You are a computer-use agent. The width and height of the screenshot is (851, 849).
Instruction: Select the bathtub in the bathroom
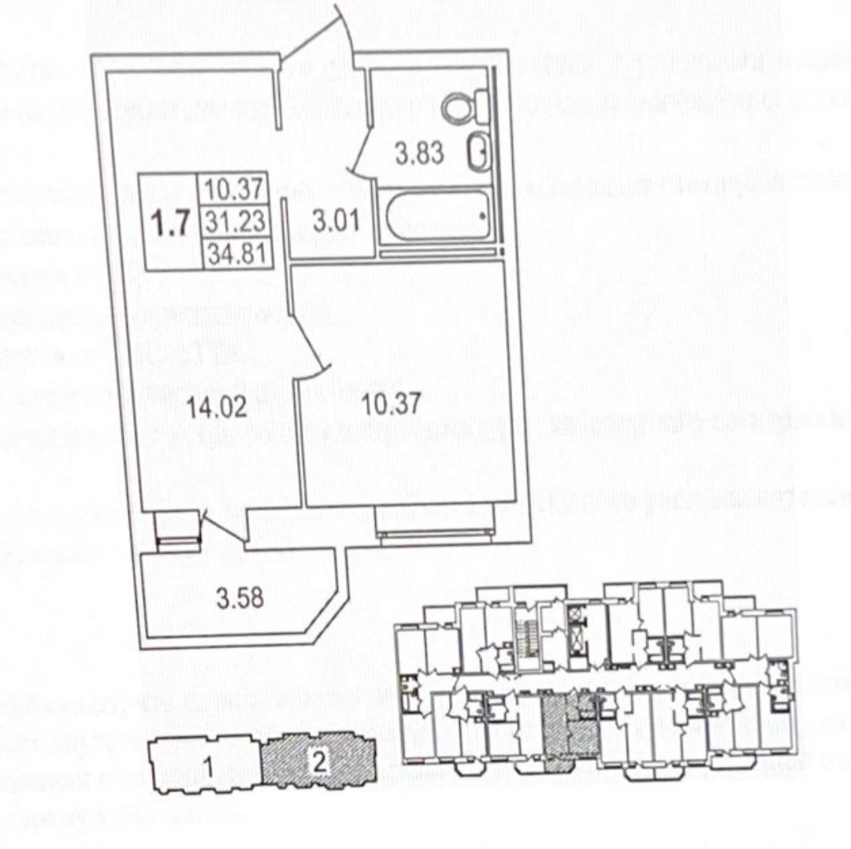point(437,217)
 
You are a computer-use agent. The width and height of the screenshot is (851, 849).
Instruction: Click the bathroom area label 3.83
point(419,153)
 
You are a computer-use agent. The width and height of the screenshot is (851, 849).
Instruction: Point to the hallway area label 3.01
point(336,221)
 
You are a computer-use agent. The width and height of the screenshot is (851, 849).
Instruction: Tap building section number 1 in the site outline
point(206,764)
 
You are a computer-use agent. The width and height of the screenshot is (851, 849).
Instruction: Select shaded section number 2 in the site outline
point(318,762)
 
